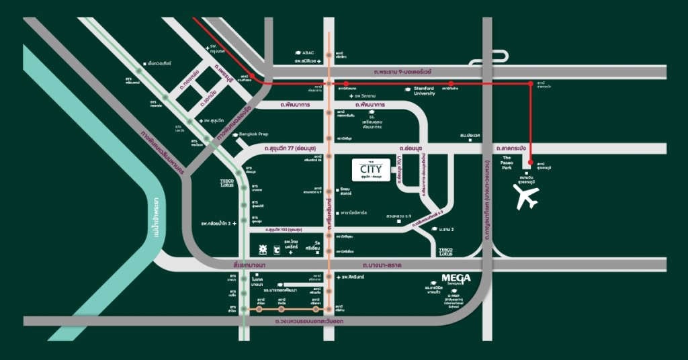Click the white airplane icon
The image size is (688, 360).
click(526, 197)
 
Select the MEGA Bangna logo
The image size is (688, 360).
click(456, 278)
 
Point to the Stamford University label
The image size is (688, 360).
click(421, 91)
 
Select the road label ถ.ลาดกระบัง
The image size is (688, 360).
click(513, 148)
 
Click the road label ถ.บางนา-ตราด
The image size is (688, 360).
click(381, 265)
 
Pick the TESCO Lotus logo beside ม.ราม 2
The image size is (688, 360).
click(445, 252)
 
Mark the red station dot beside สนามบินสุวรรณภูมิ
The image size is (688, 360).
click(531, 163)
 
